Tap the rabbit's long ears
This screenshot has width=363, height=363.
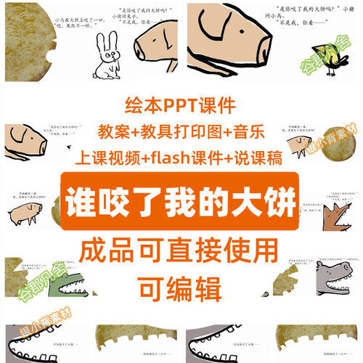[x=104, y=40]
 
